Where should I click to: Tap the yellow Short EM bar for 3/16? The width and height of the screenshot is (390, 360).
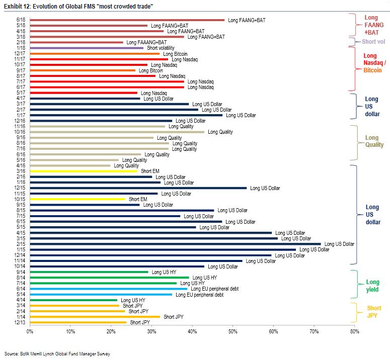coord(84,171)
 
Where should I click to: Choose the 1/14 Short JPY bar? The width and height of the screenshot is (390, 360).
coord(95,317)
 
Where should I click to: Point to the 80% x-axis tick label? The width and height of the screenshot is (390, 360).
coord(354,332)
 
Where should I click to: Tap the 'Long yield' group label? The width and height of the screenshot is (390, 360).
coord(372,286)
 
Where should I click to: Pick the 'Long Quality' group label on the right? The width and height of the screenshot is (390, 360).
coord(372,141)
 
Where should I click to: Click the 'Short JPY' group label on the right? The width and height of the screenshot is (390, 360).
coord(374,312)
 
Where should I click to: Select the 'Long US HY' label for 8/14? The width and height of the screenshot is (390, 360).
coord(205,278)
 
